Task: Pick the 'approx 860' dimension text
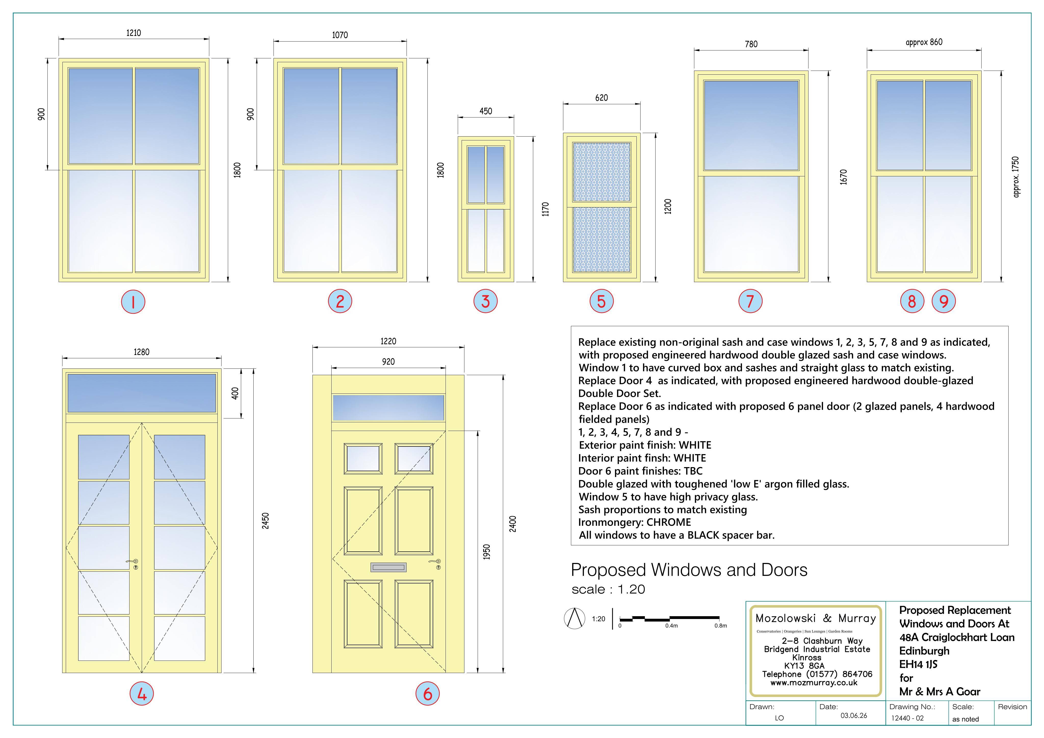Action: pos(924,42)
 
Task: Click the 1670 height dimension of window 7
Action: pos(843,177)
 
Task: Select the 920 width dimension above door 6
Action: pos(388,362)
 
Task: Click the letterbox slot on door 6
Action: pos(388,567)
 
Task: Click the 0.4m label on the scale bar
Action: pos(672,626)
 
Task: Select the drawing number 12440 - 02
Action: pos(908,718)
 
